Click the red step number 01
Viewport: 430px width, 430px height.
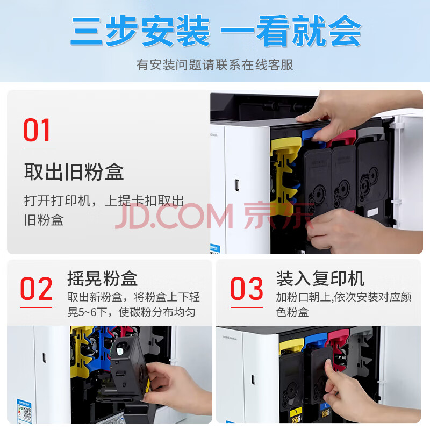pos(37,130)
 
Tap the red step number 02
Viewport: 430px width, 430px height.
pos(36,289)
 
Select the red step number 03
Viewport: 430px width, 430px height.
pos(247,289)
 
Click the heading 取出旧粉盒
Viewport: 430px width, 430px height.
pos(74,172)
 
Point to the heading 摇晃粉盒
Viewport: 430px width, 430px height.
pos(103,278)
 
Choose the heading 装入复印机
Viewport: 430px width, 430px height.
pos(320,278)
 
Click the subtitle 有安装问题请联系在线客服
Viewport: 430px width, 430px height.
pos(214,65)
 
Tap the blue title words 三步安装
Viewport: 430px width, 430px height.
pos(140,31)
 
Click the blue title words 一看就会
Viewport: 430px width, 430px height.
pos(291,31)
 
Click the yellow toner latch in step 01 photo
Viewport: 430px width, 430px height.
pos(284,176)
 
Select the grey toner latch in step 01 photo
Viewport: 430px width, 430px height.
pos(371,134)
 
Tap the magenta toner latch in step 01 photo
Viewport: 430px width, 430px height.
pos(343,138)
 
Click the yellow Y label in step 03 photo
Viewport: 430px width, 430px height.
pos(296,412)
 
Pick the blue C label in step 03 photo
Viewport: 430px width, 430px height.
pos(326,406)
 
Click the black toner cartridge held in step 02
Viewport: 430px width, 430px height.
pos(128,367)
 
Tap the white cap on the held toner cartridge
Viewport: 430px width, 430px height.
pos(120,351)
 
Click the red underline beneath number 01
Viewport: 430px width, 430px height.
pos(40,149)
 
